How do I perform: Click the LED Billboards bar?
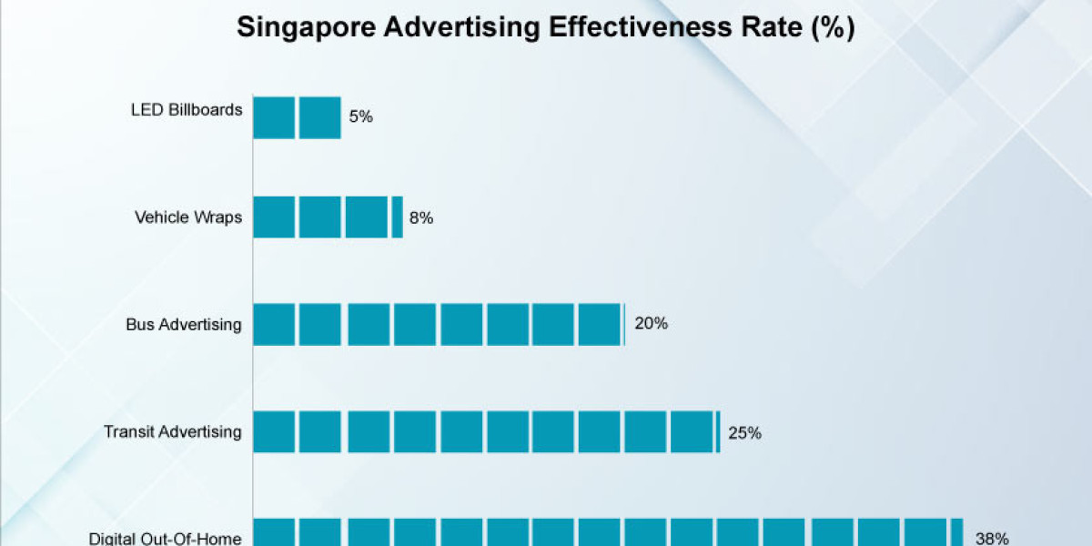pyautogui.click(x=297, y=117)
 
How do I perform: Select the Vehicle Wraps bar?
pyautogui.click(x=328, y=217)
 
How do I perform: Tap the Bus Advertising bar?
pyautogui.click(x=439, y=324)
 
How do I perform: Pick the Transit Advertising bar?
pyautogui.click(x=486, y=431)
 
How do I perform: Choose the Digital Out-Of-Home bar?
pyautogui.click(x=607, y=532)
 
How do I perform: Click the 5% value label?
pyautogui.click(x=360, y=116)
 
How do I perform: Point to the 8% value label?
pyautogui.click(x=420, y=217)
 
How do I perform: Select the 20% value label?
pyautogui.click(x=651, y=323)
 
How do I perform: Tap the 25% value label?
pyautogui.click(x=744, y=432)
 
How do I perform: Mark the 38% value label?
pyautogui.click(x=992, y=538)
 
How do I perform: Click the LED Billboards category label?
pyautogui.click(x=187, y=110)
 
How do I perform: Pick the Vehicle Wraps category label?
pyautogui.click(x=188, y=217)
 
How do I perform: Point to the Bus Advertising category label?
pyautogui.click(x=184, y=324)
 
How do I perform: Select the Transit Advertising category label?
pyautogui.click(x=173, y=431)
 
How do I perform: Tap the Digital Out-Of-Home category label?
pyautogui.click(x=166, y=538)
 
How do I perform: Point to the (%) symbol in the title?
pyautogui.click(x=832, y=27)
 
